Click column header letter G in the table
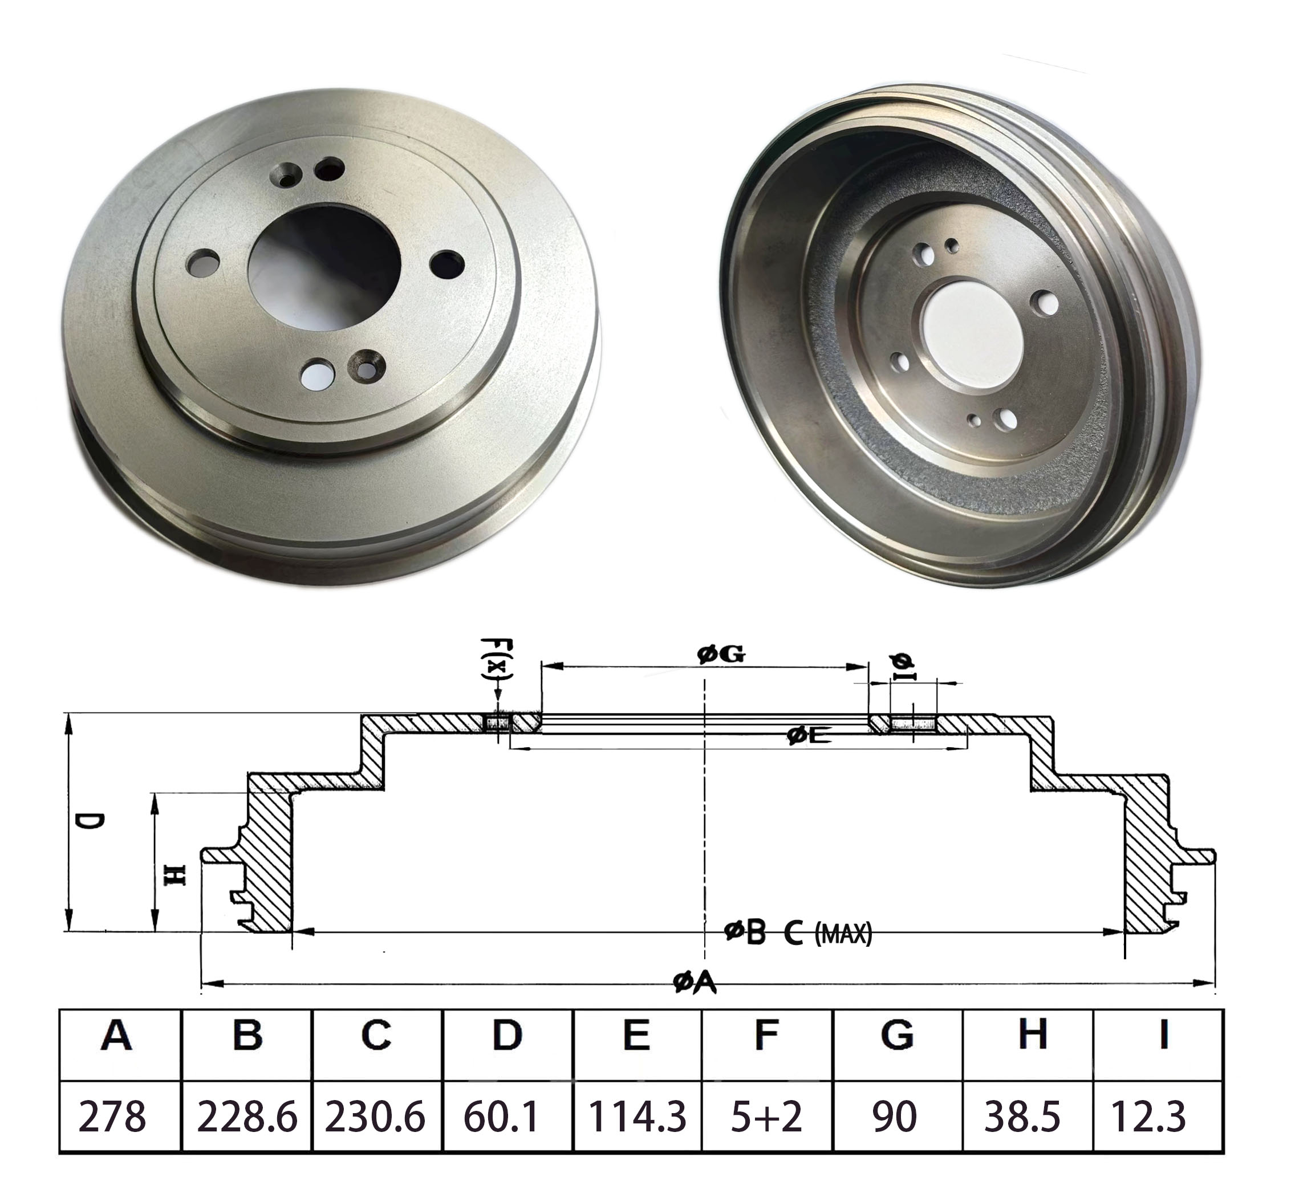[896, 1035]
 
